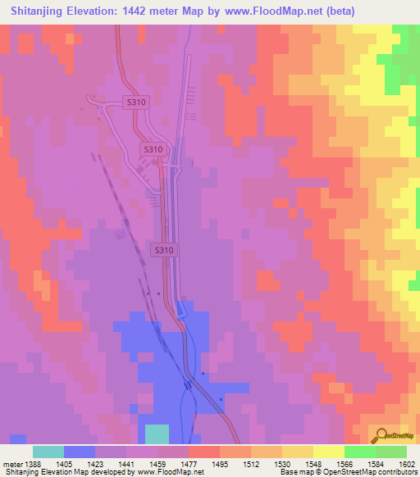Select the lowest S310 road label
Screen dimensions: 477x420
click(x=164, y=248)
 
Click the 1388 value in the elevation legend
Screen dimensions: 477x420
click(x=33, y=464)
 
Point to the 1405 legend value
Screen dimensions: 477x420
click(x=64, y=464)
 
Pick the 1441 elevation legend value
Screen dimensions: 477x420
click(x=126, y=464)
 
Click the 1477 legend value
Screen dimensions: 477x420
click(x=189, y=464)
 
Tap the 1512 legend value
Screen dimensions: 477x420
click(x=251, y=464)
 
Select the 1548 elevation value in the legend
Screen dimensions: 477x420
click(x=313, y=464)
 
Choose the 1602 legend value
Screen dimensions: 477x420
click(x=406, y=464)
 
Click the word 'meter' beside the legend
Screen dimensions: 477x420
click(x=11, y=464)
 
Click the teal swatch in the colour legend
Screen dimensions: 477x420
click(x=48, y=452)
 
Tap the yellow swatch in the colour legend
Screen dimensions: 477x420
click(x=329, y=452)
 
